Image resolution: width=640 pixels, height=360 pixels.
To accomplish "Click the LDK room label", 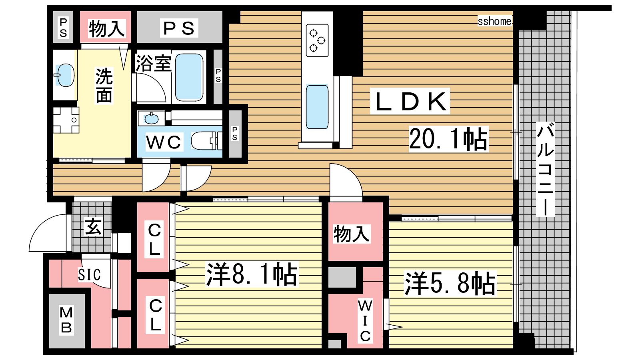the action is point(410,102).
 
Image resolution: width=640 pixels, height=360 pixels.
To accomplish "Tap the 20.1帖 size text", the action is point(448,139).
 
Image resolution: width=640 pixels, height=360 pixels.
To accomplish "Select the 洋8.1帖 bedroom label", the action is point(252,274).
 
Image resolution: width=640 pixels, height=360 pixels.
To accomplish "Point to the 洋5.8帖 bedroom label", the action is point(450,284).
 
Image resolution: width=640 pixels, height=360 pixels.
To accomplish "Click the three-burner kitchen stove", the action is point(317,40).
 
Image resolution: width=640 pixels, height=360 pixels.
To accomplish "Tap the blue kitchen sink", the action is point(317,107).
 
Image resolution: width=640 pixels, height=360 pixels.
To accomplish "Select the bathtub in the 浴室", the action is point(189,77).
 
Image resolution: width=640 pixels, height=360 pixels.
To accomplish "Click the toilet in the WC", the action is point(206,140).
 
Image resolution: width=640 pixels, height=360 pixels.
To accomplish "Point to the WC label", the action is point(164,142).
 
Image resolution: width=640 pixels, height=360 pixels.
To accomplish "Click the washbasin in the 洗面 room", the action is point(66,75).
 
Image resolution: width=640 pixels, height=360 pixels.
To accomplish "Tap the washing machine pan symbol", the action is point(66,120).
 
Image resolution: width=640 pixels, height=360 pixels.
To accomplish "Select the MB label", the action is point(66,320).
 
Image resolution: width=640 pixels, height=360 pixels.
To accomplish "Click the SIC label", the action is point(89,275).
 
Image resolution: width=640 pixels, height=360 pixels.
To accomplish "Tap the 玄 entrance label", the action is point(93,227).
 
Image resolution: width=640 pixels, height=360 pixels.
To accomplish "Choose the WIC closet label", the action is point(365,321).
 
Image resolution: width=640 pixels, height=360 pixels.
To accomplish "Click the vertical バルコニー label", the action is point(545,169).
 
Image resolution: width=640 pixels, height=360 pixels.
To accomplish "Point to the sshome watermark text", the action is point(494,21).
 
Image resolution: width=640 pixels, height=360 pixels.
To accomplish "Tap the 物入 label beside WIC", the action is point(352,234).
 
